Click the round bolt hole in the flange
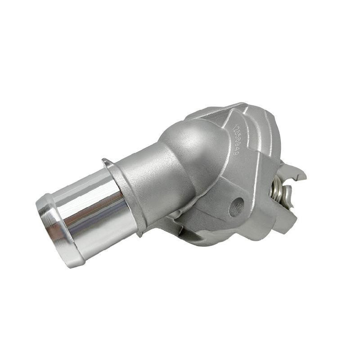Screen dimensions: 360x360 (236, 206)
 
